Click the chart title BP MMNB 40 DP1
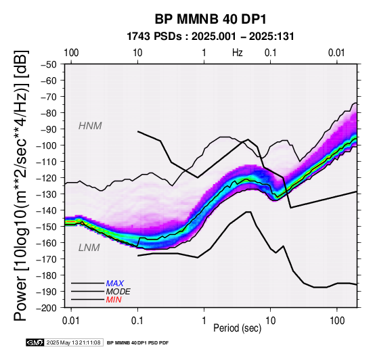[x=211, y=19]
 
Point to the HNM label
[x=90, y=126]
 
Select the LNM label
[x=89, y=248]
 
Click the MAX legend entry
[x=115, y=284]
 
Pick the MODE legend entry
[x=118, y=292]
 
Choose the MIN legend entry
[x=114, y=300]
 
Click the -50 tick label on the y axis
[x=49, y=64]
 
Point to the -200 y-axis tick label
[x=47, y=308]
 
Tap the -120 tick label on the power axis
[x=47, y=178]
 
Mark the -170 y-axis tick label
[x=47, y=259]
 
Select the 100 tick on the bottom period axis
[x=337, y=321]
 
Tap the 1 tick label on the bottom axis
[x=204, y=321]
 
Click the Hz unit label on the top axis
[x=238, y=53]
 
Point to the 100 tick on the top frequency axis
[x=71, y=53]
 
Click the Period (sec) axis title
[x=237, y=328]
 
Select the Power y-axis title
[x=20, y=185]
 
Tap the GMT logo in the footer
[x=35, y=343]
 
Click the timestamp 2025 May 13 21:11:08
[x=73, y=343]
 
